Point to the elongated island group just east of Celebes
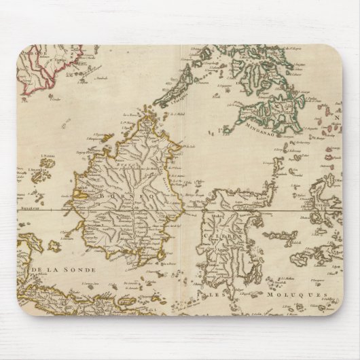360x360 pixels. coord(279,236)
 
